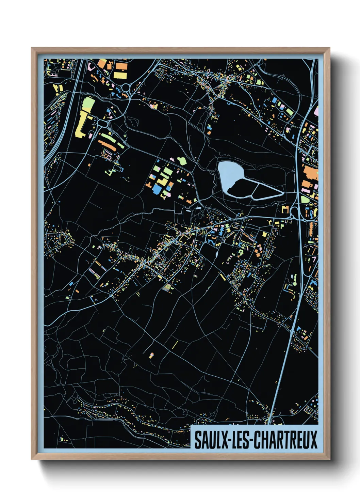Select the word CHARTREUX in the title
pyautogui.click(x=286, y=440)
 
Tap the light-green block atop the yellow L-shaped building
pyautogui.click(x=88, y=103)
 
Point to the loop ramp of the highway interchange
pyautogui.click(x=293, y=213)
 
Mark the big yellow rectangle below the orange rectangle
pyautogui.click(x=120, y=75)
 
